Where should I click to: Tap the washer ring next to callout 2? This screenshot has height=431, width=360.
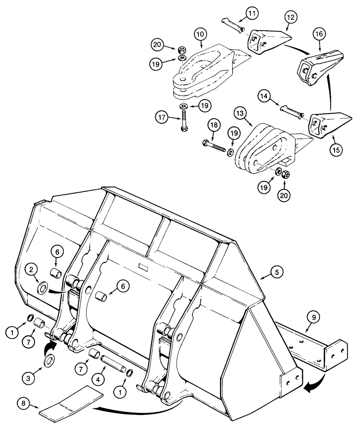click(x=43, y=287)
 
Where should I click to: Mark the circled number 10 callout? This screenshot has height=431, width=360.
click(x=201, y=34)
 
